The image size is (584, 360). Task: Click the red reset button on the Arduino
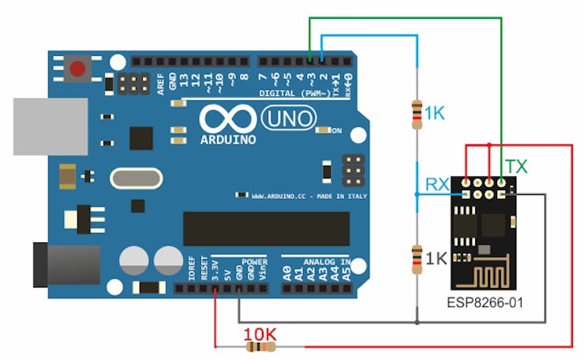coord(77,69)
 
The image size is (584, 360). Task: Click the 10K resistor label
coord(260,334)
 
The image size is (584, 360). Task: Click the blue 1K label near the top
coord(435,113)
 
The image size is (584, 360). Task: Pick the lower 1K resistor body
coord(417,259)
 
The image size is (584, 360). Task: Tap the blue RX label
coord(438,184)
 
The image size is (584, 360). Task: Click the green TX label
coord(517,167)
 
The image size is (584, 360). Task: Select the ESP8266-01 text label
coord(484,302)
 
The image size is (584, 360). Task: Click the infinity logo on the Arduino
coord(227,119)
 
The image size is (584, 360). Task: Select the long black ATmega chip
coord(267,228)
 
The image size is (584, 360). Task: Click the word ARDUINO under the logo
coord(228,140)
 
